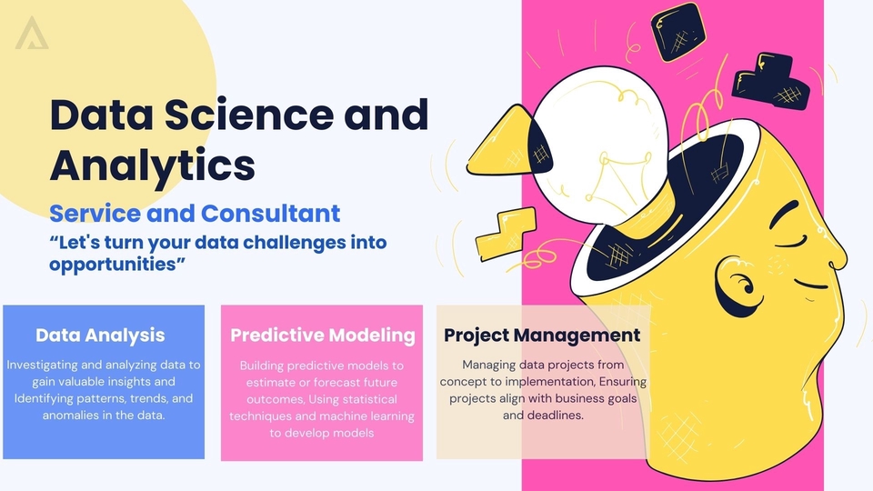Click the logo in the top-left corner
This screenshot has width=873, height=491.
click(32, 33)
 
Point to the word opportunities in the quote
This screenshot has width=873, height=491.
click(117, 264)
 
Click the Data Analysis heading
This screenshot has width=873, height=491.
click(100, 335)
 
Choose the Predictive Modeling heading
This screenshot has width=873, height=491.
click(323, 335)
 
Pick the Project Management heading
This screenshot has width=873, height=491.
click(542, 335)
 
